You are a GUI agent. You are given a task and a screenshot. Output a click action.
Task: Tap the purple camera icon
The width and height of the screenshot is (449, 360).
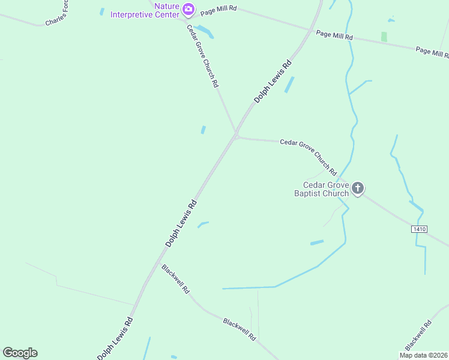point(188,8)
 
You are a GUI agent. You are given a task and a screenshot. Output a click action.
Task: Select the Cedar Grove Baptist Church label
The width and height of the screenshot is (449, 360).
point(326,189)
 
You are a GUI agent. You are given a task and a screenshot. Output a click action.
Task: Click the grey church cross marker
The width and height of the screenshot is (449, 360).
point(358,189)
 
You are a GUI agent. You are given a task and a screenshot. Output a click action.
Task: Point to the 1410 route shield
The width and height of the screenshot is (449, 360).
point(419,229)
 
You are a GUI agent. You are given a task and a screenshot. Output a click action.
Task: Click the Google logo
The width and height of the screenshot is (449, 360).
point(20,353)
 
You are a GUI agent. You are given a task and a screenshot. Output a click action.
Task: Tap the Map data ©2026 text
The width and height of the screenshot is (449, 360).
point(423,355)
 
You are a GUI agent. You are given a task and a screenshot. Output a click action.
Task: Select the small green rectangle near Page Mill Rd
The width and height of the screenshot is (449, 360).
point(384,37)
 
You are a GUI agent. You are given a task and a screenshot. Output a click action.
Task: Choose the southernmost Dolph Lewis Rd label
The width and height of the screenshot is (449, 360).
point(115,338)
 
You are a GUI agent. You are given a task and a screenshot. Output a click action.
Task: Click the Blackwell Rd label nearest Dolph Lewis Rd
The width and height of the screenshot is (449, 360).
point(175,278)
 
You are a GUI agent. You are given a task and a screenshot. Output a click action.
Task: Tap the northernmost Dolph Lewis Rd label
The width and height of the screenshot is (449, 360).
point(273,81)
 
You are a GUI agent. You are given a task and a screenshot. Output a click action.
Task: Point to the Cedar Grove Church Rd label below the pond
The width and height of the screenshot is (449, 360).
point(202,56)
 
